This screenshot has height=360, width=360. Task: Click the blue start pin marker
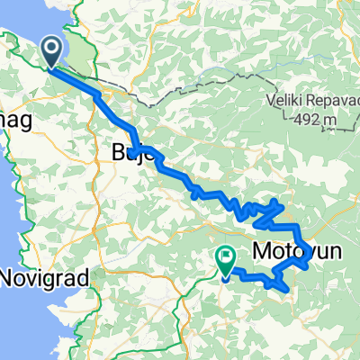coord(52,52)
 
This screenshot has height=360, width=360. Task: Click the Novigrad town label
coord(45,278)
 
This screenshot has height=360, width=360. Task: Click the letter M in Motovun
coord(262,249)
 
